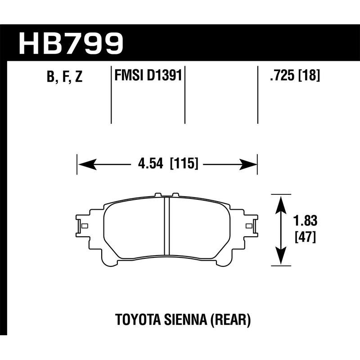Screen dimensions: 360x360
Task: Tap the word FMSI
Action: pos(128,75)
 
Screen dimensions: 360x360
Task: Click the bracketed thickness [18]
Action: pos(309,76)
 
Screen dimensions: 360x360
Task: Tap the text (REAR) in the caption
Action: pos(231,321)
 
